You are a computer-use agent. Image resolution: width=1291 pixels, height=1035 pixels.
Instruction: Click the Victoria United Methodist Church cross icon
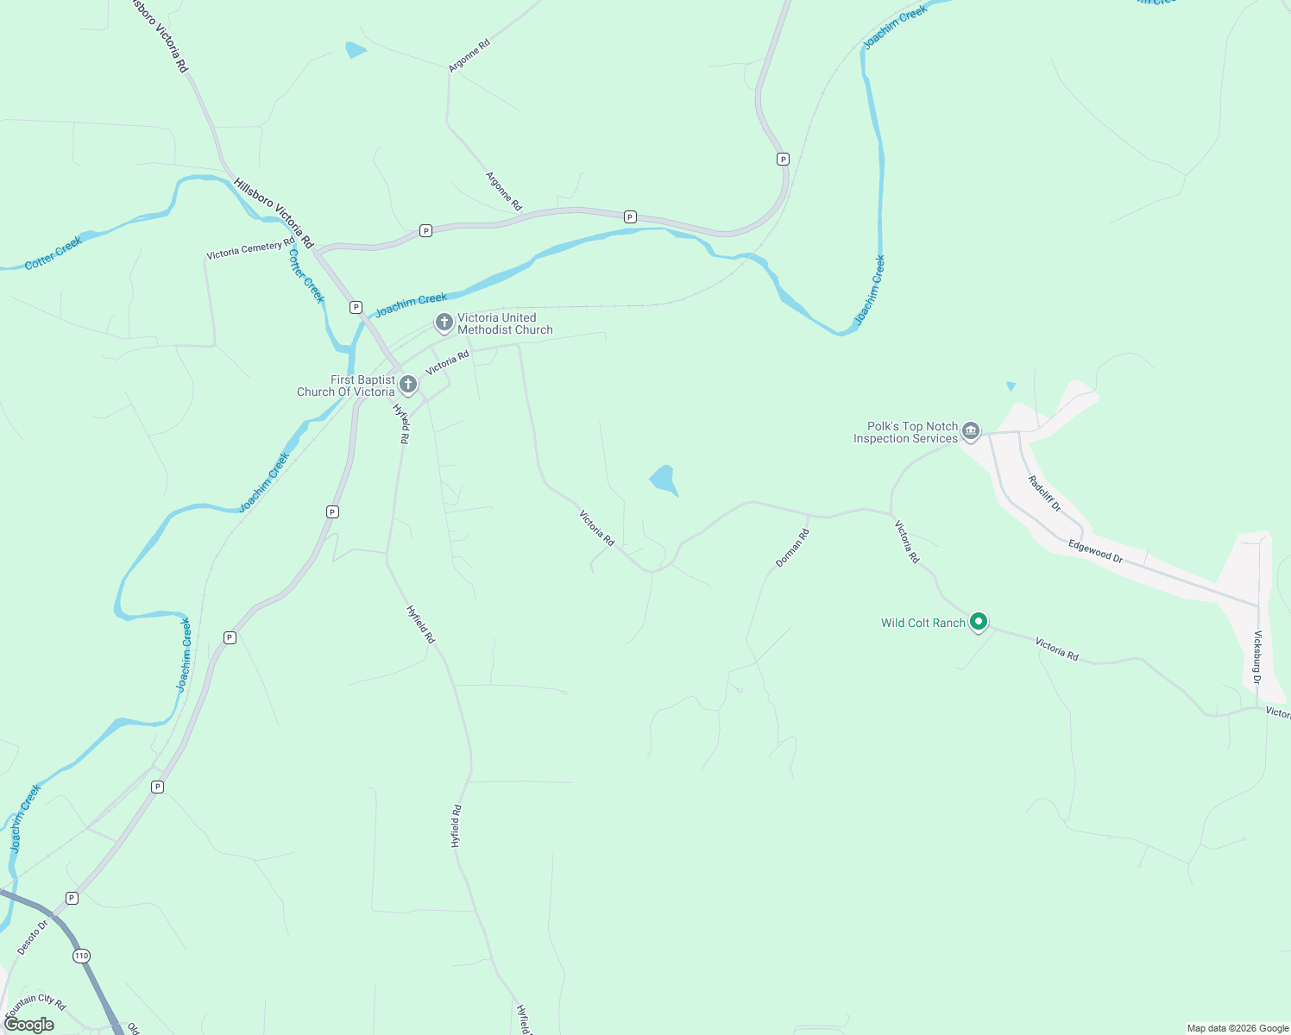(444, 323)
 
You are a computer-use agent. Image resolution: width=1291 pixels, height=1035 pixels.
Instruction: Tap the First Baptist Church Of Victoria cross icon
(408, 385)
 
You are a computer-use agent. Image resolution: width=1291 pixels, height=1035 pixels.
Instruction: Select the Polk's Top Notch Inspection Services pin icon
(971, 431)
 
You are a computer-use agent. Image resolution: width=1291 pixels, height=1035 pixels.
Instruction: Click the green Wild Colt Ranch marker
(979, 622)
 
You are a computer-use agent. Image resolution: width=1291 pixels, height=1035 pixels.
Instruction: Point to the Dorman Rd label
(792, 548)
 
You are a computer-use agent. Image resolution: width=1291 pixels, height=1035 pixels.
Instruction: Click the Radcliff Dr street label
(1044, 494)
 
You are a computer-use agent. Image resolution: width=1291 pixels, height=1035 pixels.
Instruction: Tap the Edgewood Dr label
(1095, 551)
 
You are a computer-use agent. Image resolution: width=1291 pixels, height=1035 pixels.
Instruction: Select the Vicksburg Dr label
(1257, 657)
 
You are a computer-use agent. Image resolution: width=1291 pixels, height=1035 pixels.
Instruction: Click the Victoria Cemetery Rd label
(250, 250)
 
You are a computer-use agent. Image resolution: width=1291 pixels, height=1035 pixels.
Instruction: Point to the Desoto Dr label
(33, 938)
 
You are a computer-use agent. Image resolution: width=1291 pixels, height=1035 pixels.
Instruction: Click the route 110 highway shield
(81, 956)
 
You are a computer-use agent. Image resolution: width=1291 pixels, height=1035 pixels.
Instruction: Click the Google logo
(29, 1025)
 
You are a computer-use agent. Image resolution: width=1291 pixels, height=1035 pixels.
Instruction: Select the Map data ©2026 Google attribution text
(1237, 1028)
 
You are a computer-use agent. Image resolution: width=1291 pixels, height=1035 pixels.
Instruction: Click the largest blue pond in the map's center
(664, 480)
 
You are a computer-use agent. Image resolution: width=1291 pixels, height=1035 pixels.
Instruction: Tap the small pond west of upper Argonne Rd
(355, 50)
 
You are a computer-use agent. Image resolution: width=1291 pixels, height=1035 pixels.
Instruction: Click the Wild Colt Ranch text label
(923, 623)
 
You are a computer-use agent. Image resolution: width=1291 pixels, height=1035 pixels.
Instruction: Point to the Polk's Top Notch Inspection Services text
(905, 432)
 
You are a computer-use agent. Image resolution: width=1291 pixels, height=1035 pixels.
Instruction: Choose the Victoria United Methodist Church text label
(505, 323)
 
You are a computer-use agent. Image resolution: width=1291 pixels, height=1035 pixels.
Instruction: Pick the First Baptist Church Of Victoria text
(346, 386)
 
